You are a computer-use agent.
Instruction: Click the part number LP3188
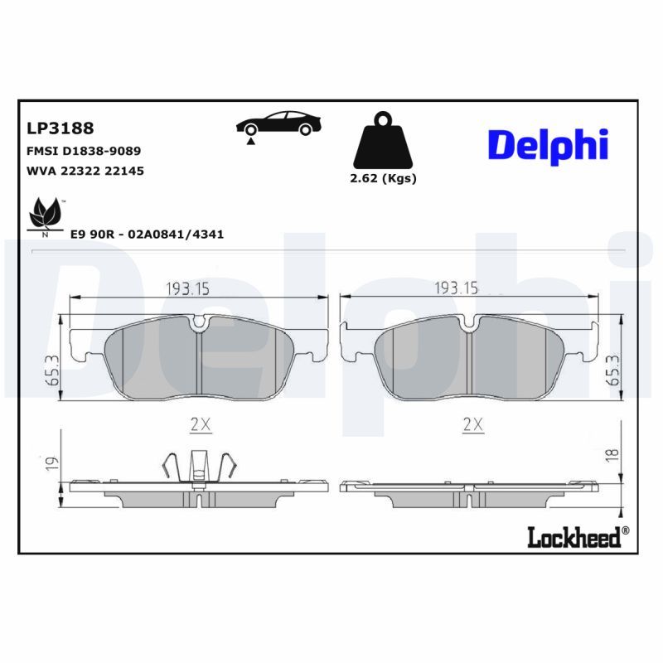(x=60, y=128)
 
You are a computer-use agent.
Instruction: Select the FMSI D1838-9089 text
(x=84, y=152)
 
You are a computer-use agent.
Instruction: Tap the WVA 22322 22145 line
(x=86, y=172)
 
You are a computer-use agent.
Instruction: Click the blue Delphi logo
(x=548, y=145)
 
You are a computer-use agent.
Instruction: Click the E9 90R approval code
(x=148, y=235)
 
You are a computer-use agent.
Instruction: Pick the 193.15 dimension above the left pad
(x=187, y=288)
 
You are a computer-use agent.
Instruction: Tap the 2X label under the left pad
(x=200, y=424)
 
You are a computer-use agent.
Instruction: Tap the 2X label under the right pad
(x=472, y=424)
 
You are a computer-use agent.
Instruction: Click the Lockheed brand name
(x=574, y=538)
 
